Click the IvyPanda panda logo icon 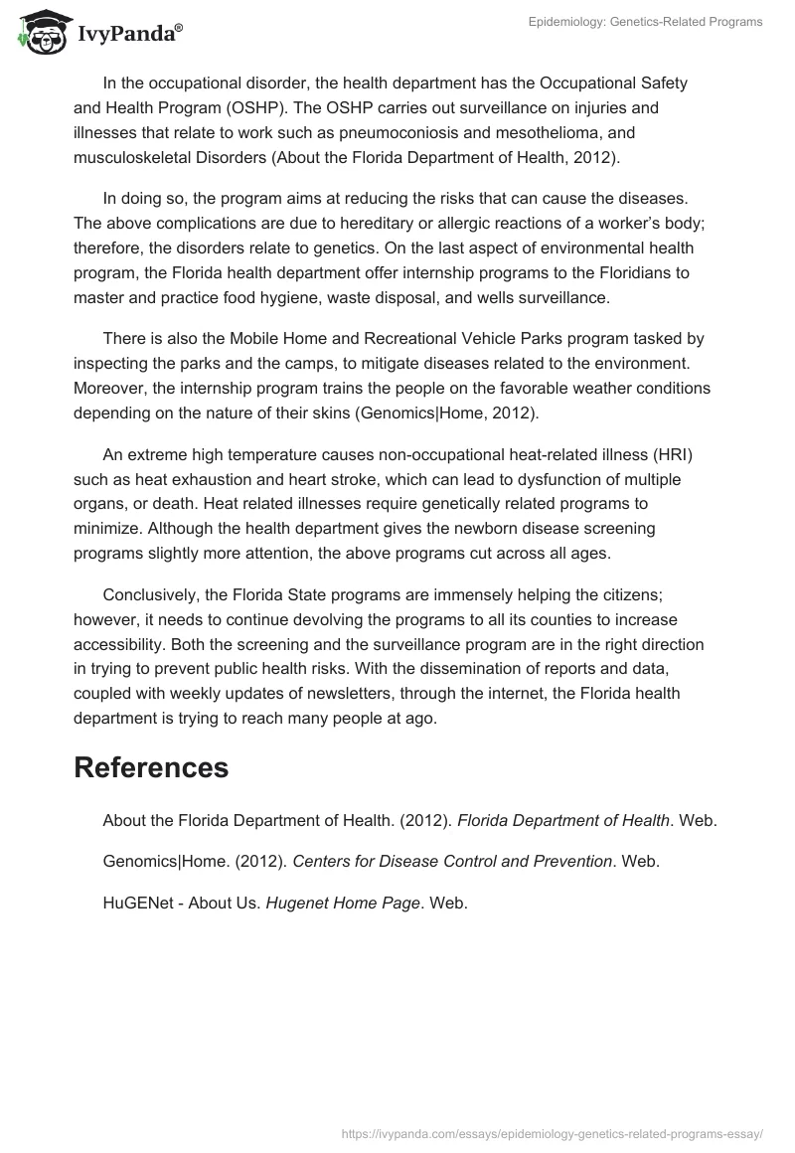(39, 30)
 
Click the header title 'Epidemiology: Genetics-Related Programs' (645, 22)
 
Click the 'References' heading (150, 767)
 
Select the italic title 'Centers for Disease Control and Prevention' (452, 862)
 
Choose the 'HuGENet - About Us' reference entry (182, 904)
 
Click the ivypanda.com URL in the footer (552, 1132)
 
